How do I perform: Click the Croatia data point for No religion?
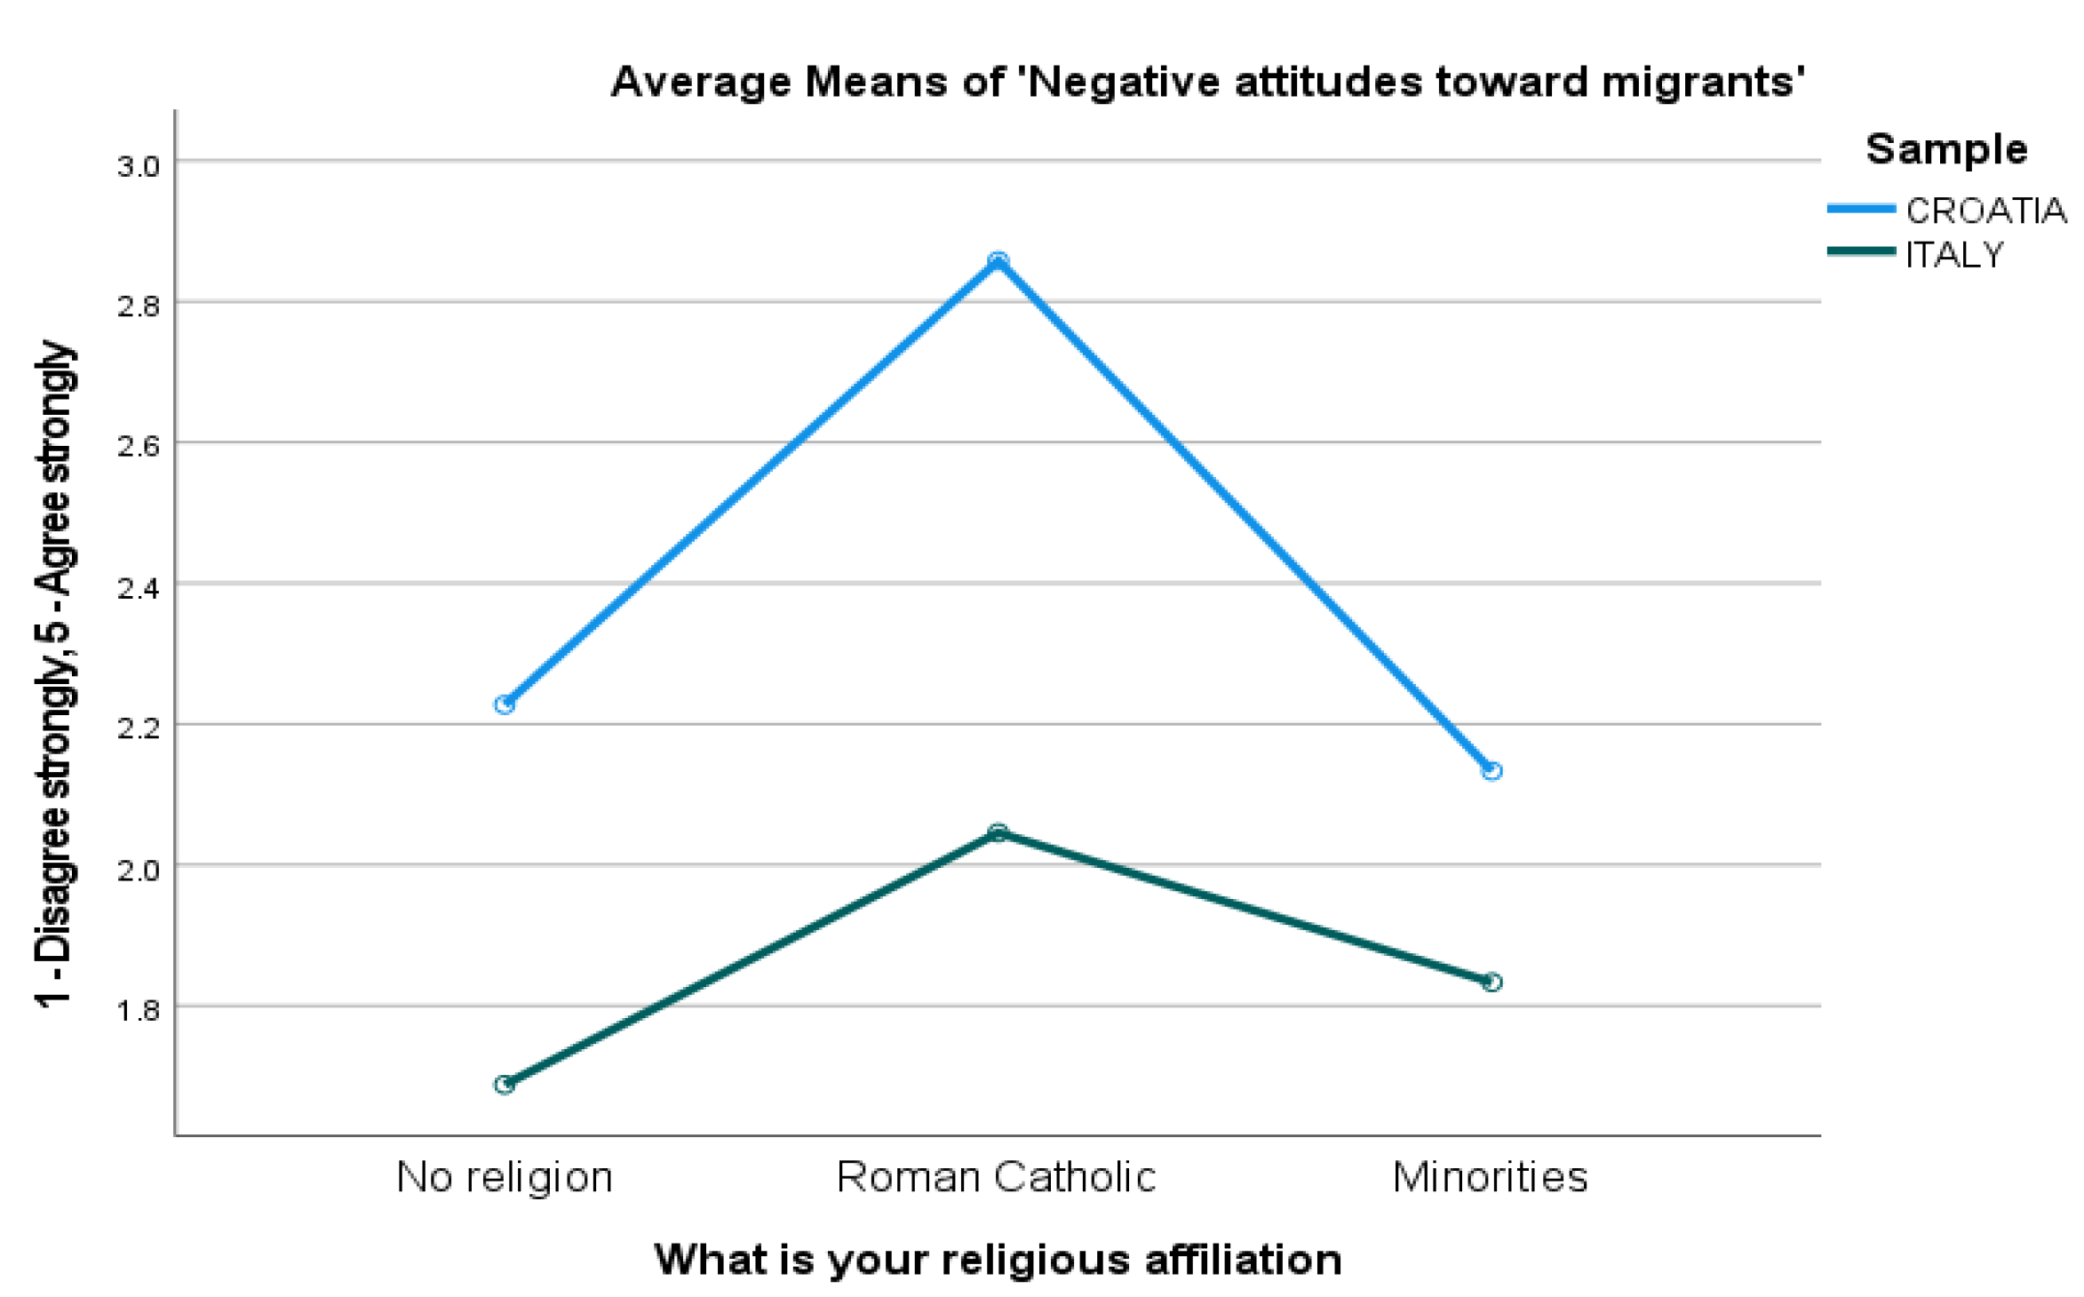point(505,704)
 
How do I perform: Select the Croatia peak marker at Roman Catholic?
point(998,260)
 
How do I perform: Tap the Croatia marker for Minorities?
point(1491,770)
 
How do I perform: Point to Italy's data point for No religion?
point(505,1084)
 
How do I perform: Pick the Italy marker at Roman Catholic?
point(998,832)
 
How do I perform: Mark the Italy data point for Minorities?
point(1491,982)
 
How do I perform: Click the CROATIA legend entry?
point(1985,211)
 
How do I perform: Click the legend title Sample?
point(1945,149)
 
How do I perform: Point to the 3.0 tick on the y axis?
point(138,166)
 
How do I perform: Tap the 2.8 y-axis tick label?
point(138,306)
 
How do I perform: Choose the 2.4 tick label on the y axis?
point(138,588)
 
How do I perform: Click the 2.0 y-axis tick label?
point(138,870)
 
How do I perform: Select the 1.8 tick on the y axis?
point(138,1010)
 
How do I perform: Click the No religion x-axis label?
point(505,1177)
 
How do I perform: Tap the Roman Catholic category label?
point(996,1177)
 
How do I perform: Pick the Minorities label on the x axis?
point(1490,1177)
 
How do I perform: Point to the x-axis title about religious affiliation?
point(998,1260)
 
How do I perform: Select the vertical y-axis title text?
point(55,675)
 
